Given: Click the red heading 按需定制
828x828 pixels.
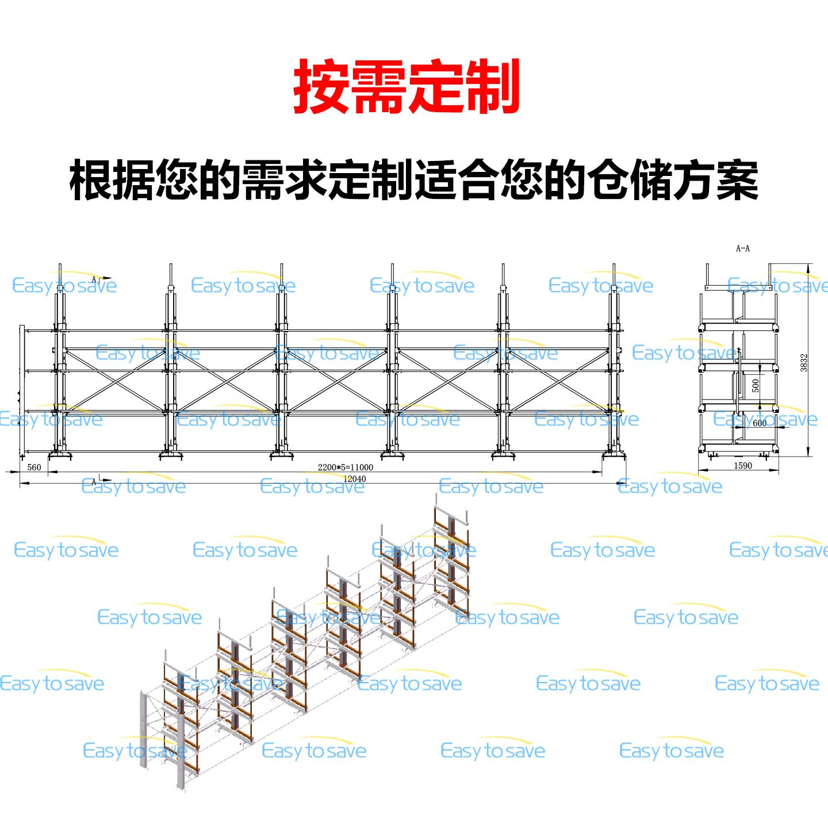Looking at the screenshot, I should pyautogui.click(x=407, y=87).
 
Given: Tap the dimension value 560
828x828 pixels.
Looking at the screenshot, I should pyautogui.click(x=34, y=467).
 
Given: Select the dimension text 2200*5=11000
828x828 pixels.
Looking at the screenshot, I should pyautogui.click(x=345, y=467).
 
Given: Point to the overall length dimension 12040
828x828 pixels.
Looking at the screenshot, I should pyautogui.click(x=354, y=479).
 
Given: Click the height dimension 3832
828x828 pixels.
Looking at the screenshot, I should pyautogui.click(x=804, y=362).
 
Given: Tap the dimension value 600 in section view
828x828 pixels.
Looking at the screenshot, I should pyautogui.click(x=760, y=423).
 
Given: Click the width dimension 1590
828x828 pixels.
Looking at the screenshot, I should pyautogui.click(x=742, y=466).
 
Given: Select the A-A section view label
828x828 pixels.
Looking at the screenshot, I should pyautogui.click(x=743, y=248).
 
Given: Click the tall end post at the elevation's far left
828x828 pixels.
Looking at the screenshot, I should pyautogui.click(x=22, y=391).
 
